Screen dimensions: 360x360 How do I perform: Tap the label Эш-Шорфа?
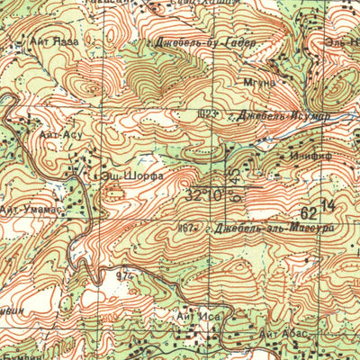point(131,177)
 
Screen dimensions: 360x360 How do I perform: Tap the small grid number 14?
point(325,207)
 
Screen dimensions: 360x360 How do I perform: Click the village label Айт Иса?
point(195,317)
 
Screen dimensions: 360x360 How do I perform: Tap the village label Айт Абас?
point(283,335)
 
